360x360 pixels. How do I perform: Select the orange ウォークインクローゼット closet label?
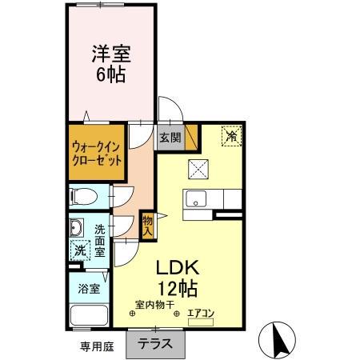coord(97,153)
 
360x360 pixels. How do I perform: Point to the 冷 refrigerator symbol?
coord(230,137)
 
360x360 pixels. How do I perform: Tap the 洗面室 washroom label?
coord(100,239)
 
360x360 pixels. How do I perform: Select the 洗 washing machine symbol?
coord(79,250)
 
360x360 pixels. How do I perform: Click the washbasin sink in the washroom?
coord(77,226)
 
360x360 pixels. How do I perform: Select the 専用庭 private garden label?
coord(96,347)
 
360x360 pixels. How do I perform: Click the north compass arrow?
coord(281,342)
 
